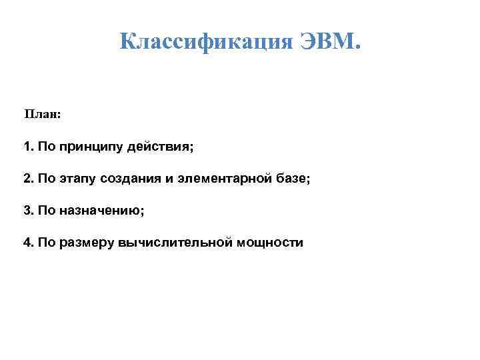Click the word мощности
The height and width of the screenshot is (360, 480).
coord(271,242)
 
